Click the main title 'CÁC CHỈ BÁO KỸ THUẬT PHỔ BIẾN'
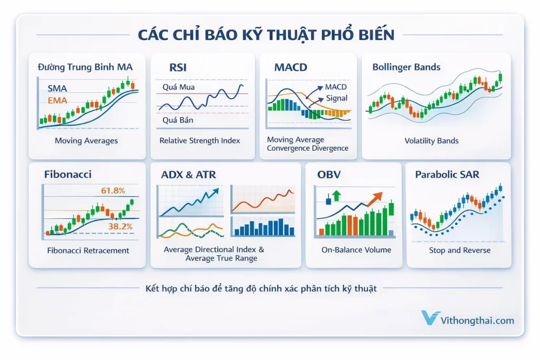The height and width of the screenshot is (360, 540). pos(266,35)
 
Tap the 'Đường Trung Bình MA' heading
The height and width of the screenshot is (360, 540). pos(85,67)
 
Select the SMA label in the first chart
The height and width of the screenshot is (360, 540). pos(57,89)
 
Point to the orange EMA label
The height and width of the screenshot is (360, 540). pos(57,100)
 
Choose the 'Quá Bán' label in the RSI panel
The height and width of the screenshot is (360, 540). pos(178,120)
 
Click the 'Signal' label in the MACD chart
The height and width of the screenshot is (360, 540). pos(336,98)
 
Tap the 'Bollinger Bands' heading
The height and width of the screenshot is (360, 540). pos(406,67)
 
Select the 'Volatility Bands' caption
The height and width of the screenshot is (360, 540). pos(431,141)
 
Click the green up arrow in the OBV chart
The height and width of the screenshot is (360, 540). pos(336,196)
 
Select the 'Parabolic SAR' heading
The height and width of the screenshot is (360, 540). pos(447,174)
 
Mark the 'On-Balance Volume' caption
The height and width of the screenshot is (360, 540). pos(356,250)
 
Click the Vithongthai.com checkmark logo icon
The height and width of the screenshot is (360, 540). pos(431,318)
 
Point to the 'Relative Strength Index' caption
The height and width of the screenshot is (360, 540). pos(200,141)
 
